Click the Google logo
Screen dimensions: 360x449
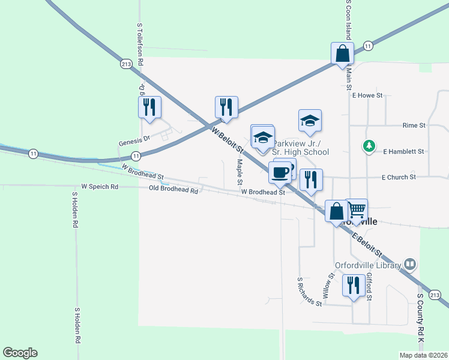click(20, 353)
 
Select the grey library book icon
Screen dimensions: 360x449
click(410, 263)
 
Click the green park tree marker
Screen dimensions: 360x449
click(369, 146)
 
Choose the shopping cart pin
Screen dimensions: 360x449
click(357, 210)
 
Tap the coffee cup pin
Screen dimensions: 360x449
click(280, 173)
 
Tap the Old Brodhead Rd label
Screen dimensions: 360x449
click(173, 190)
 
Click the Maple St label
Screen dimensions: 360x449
click(240, 172)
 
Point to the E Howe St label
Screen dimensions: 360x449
click(368, 95)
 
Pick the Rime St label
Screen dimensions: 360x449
click(414, 125)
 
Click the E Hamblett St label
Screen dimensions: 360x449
click(403, 152)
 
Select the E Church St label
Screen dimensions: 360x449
click(399, 177)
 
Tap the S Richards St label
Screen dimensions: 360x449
click(310, 292)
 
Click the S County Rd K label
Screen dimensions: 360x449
click(421, 319)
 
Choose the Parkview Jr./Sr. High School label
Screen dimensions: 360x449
click(300, 148)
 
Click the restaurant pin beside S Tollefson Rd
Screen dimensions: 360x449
click(149, 108)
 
